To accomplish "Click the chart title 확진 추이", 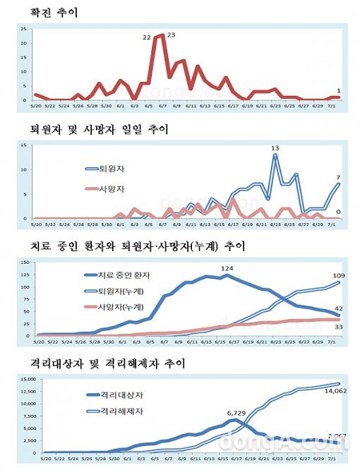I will pyautogui.click(x=54, y=12).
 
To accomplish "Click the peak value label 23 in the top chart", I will pyautogui.click(x=171, y=35).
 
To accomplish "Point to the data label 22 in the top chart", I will pyautogui.click(x=147, y=36).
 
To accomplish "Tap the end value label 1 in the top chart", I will pyautogui.click(x=339, y=90).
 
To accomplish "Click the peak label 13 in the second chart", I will pyautogui.click(x=275, y=148).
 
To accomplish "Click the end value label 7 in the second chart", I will pyautogui.click(x=340, y=177).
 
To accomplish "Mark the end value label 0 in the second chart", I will pyautogui.click(x=340, y=212).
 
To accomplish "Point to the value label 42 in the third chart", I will pyautogui.click(x=338, y=308).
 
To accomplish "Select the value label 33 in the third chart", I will pyautogui.click(x=338, y=327).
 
